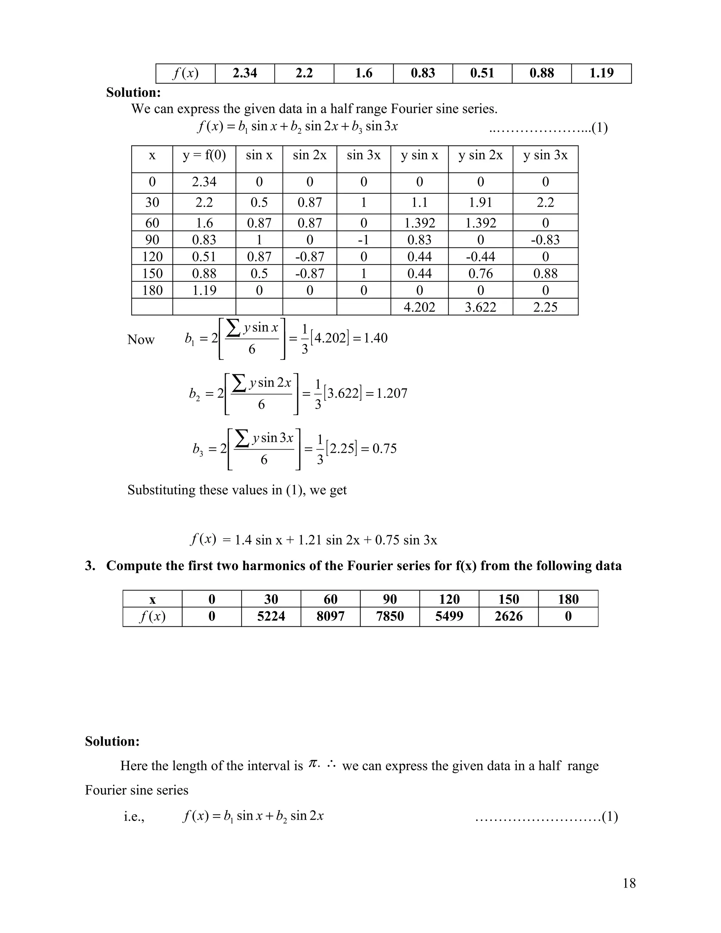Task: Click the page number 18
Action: click(629, 883)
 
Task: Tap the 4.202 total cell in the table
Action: click(419, 307)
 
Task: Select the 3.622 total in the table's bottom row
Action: click(481, 307)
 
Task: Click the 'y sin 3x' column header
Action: click(545, 155)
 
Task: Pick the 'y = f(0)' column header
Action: click(204, 155)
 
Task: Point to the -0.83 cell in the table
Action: click(545, 240)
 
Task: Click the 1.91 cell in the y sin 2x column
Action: click(481, 202)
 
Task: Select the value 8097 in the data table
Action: click(330, 616)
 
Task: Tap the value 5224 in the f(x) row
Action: click(271, 616)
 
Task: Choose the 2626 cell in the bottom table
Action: click(508, 616)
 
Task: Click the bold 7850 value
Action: click(390, 616)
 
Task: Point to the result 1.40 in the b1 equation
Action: click(375, 338)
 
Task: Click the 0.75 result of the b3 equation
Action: click(384, 448)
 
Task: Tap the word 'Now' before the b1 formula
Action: click(140, 340)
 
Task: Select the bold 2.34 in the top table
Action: click(245, 73)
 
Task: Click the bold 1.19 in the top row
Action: click(601, 73)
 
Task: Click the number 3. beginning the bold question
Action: click(90, 566)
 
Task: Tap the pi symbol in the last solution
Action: click(313, 764)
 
